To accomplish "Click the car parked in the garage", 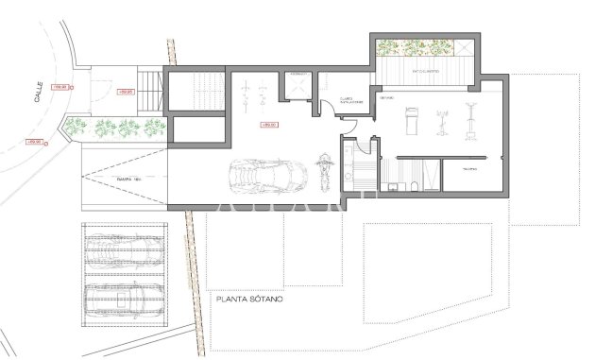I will (x=262, y=175).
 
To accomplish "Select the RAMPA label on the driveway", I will (x=122, y=178).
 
